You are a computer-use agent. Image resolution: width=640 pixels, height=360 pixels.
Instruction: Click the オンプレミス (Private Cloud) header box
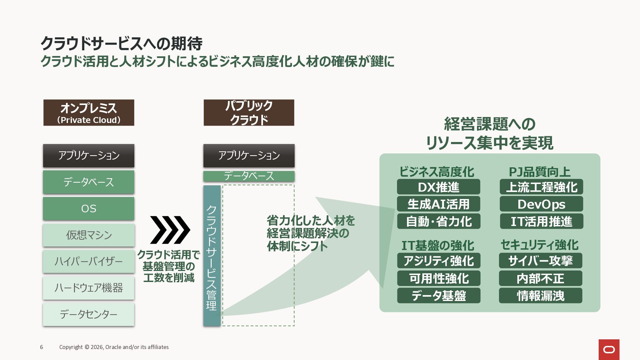pos(89,113)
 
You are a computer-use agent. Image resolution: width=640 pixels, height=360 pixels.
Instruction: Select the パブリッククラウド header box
pos(249,113)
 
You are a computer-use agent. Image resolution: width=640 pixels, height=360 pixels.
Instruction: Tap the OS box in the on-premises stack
pos(89,209)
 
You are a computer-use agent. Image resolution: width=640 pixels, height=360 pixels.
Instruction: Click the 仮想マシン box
pos(89,235)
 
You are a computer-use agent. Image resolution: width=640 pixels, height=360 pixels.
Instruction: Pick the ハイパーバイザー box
pos(89,261)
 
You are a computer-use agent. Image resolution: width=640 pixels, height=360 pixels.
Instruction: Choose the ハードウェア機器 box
pos(89,288)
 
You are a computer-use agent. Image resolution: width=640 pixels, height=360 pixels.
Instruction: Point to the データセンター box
pos(89,314)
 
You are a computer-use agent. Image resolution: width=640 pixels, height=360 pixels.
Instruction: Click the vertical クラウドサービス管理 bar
pos(212,256)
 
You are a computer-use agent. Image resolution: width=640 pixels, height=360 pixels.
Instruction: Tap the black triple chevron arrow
pos(170,230)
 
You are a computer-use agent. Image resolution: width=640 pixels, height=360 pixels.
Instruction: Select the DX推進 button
pos(438,187)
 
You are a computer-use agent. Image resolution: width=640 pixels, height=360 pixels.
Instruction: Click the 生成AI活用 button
pos(438,204)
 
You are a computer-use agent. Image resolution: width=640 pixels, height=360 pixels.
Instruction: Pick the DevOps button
pos(541,204)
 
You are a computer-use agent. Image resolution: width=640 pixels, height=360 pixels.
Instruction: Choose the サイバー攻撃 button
pos(540,261)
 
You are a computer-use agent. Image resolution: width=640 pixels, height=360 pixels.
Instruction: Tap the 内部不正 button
pos(540,278)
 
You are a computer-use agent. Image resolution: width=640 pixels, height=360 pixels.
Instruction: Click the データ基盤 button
pos(439,296)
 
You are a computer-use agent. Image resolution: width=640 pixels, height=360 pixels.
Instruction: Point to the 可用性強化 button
pos(439,278)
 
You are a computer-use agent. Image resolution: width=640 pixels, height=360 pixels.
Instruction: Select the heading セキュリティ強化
pos(539,245)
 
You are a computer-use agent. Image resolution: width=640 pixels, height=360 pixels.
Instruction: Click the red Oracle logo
pos(609,349)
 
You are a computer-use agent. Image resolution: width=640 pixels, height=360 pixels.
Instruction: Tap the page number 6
pos(42,347)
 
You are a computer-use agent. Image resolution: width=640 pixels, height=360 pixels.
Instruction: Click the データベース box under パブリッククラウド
pos(249,176)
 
